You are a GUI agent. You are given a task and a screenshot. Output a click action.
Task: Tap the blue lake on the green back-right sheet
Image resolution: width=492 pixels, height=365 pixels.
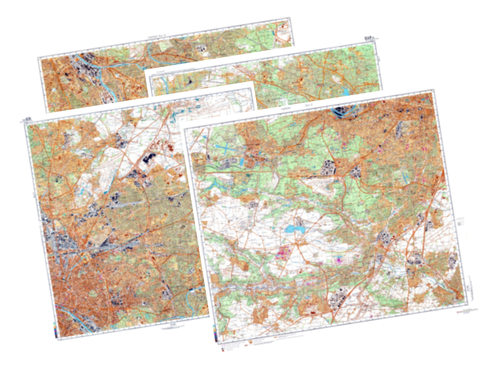tap(347, 91)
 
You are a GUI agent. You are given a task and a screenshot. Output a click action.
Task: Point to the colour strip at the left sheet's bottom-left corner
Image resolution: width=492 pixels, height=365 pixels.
tap(55, 330)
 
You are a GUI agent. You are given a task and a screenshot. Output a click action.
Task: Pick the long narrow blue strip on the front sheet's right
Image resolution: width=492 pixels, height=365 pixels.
tap(405, 177)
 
